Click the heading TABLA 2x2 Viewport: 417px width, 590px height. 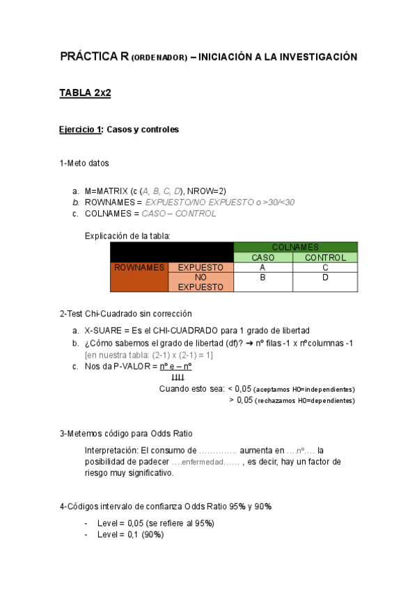point(86,93)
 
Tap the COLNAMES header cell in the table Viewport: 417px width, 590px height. point(295,247)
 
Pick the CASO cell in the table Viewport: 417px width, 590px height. point(262,257)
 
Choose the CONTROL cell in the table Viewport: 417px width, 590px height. point(325,257)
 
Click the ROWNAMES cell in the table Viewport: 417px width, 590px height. point(139,267)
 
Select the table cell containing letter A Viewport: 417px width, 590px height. point(262,267)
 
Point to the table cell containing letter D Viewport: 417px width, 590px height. point(325,277)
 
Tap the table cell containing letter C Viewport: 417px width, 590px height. point(325,267)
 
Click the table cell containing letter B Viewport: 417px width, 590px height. point(262,277)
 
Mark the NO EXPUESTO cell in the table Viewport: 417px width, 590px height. point(200,282)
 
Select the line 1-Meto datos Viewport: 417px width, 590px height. point(84,164)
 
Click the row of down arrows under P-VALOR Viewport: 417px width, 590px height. point(178,377)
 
